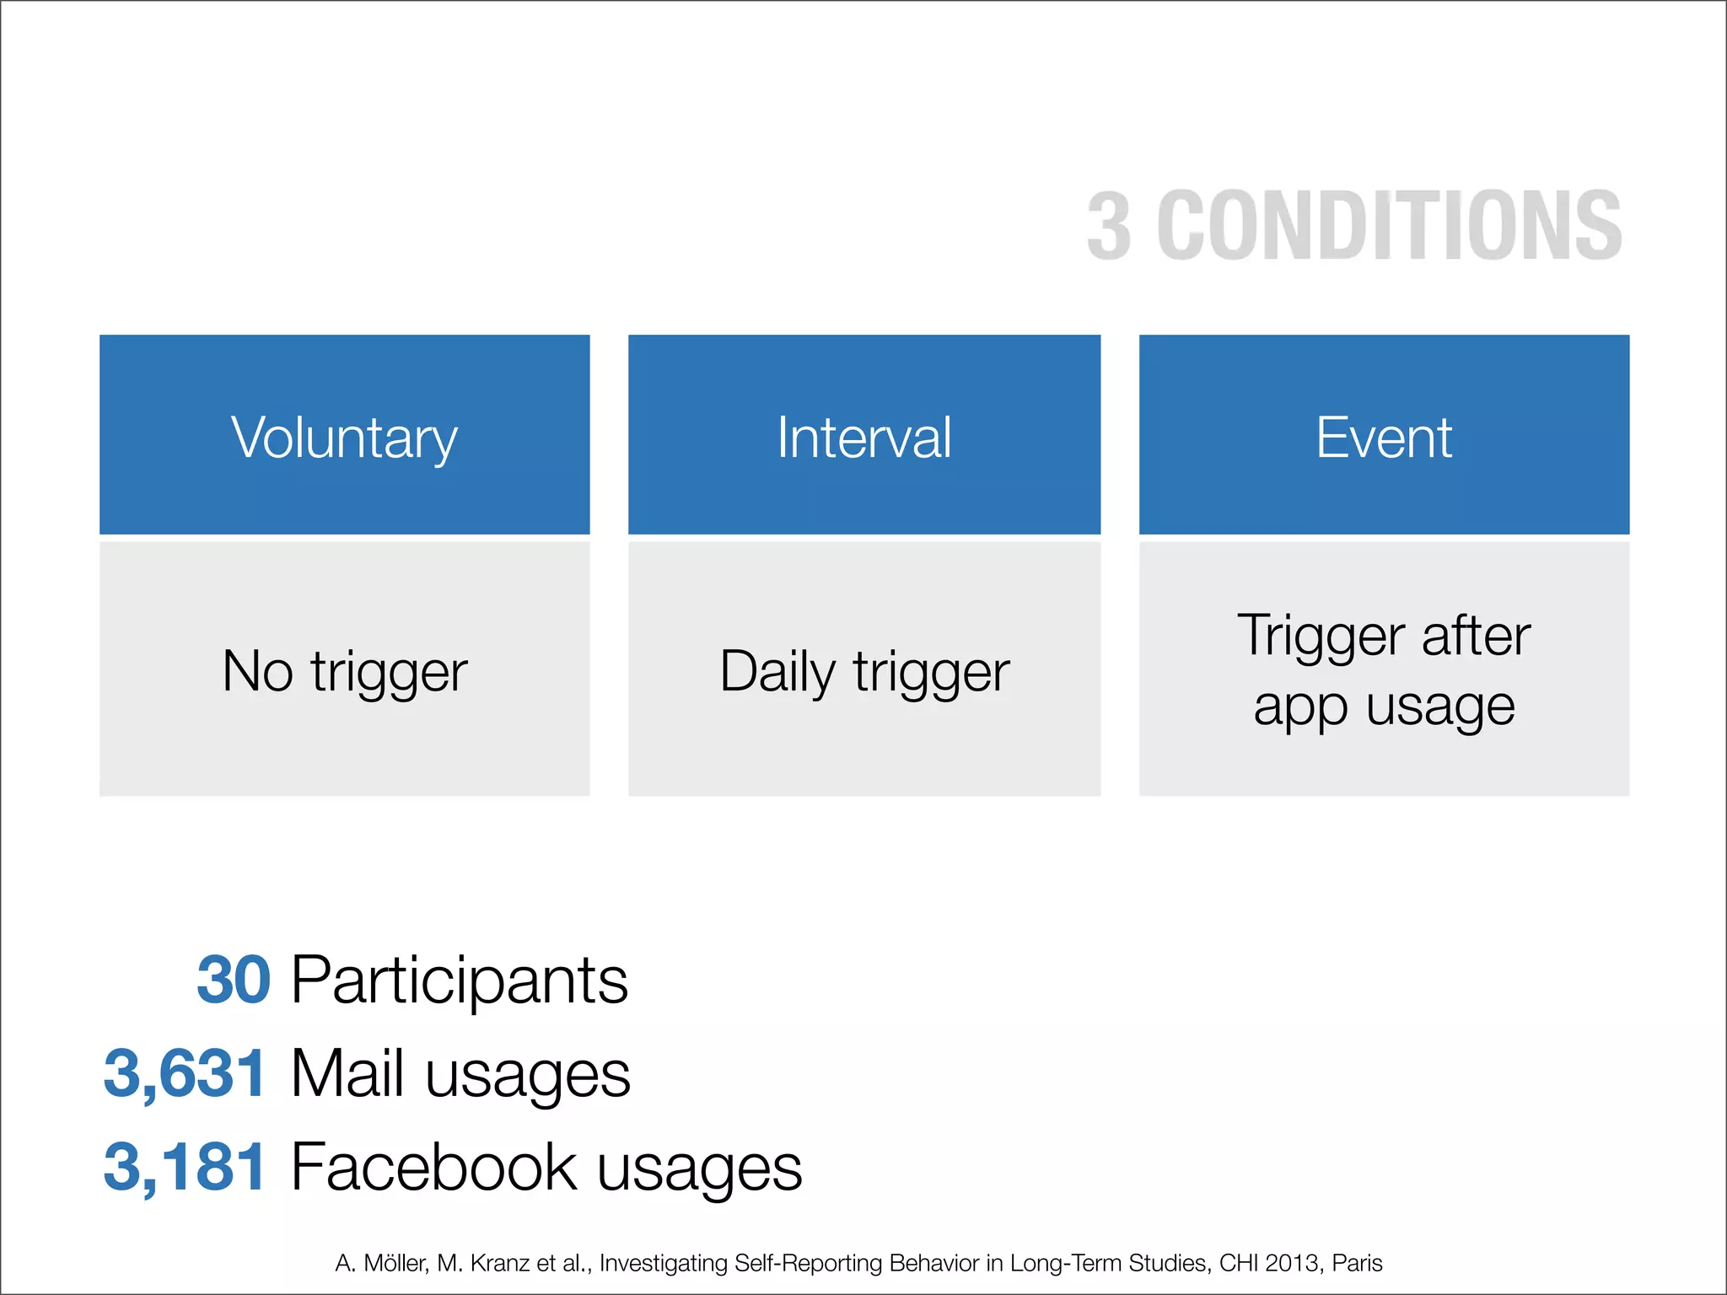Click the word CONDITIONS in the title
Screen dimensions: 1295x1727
(x=1389, y=226)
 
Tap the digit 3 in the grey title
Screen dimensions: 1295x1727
(x=1109, y=226)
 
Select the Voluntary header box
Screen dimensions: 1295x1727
(x=344, y=435)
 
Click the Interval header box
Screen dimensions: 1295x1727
(x=863, y=435)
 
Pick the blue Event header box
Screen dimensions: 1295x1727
(x=1384, y=435)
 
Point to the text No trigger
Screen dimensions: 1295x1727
(x=344, y=671)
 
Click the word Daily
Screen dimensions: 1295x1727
(x=777, y=671)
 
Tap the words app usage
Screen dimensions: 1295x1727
(x=1384, y=706)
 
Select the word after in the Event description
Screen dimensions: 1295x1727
(x=1476, y=636)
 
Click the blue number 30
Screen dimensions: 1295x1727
(x=234, y=980)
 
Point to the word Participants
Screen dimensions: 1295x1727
(x=460, y=980)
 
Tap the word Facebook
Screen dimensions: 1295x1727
(x=433, y=1167)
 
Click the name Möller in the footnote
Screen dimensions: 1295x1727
(x=396, y=1263)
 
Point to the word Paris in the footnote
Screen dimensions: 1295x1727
(x=1357, y=1263)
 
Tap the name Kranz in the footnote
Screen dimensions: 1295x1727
(x=500, y=1263)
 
